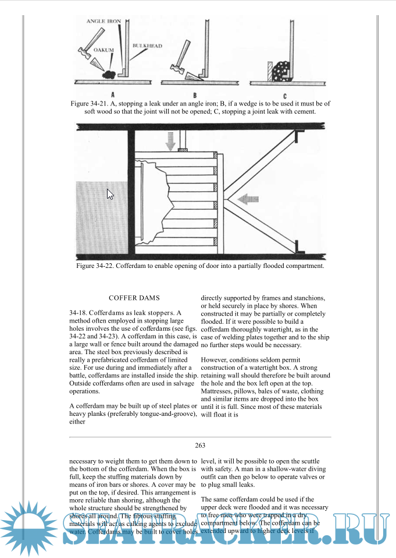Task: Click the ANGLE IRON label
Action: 104,22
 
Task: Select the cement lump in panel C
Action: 282,70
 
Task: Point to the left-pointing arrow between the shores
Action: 248,199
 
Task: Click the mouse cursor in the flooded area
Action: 110,194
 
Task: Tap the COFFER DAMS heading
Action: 134,298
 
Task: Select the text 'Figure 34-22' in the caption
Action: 95,266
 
